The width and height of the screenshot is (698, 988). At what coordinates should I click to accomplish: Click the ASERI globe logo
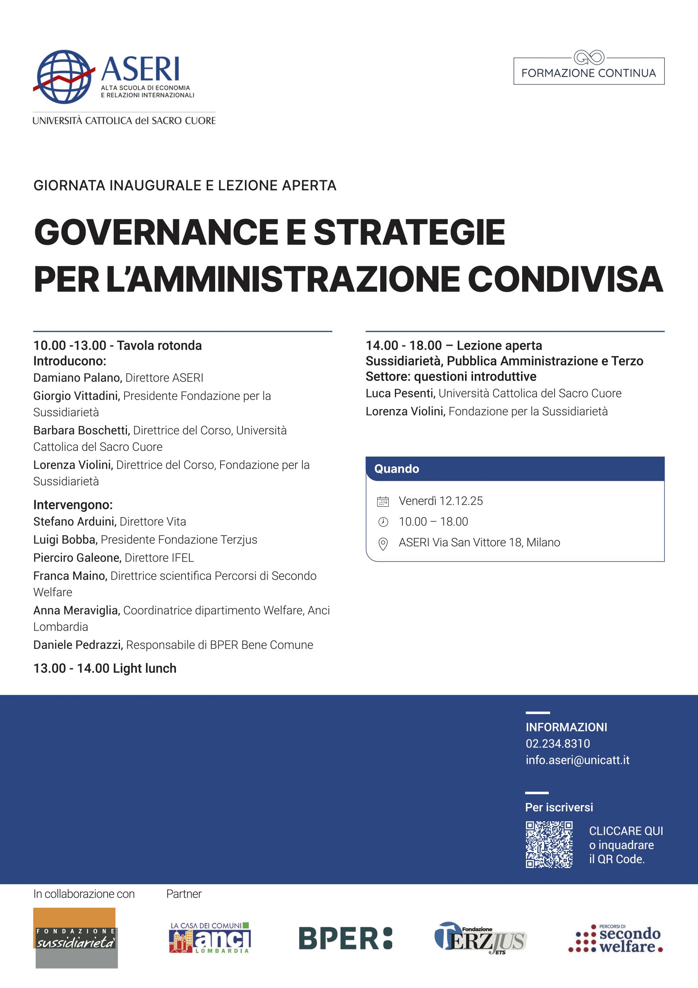tap(64, 76)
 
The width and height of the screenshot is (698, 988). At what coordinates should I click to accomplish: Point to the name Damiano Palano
tap(78, 378)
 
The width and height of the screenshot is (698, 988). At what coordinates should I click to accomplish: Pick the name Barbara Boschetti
tap(82, 430)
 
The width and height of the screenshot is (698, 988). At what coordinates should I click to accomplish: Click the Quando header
tap(396, 469)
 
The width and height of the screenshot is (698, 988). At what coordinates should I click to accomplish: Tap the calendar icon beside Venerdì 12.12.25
tap(383, 501)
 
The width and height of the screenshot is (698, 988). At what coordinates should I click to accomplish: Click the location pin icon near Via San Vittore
tap(383, 544)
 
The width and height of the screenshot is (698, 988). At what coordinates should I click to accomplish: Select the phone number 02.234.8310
tap(557, 744)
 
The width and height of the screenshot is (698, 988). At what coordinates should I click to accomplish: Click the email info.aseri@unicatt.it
tap(577, 760)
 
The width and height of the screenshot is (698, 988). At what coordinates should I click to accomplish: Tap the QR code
tap(549, 845)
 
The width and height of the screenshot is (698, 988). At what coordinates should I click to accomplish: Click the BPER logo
tap(346, 939)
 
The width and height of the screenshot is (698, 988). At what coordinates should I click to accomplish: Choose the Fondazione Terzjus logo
tap(481, 938)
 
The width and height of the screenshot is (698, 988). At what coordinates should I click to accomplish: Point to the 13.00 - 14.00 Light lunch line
tap(105, 668)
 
